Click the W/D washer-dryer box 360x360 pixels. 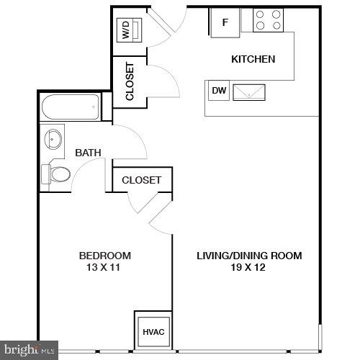coord(127,30)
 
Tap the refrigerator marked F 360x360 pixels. coord(225,22)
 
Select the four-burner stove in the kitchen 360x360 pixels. coord(268,20)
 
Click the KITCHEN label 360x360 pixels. coord(252,59)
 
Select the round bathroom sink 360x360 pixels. coord(53,138)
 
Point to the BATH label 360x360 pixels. coord(88,153)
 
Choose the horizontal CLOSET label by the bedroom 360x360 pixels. coord(141,180)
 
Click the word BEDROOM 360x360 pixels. coord(104,256)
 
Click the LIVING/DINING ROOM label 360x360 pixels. coord(249,256)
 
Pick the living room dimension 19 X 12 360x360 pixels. coord(249,268)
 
